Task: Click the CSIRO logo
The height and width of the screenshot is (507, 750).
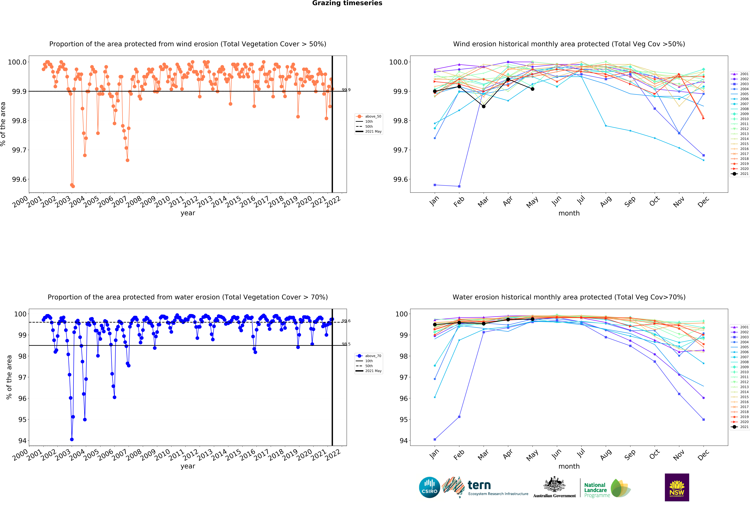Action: coord(430,487)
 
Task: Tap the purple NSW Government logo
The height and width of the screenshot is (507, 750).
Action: coord(677,487)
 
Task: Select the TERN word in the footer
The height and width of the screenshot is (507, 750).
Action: coord(479,485)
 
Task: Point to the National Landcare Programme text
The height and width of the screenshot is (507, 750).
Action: coord(597,490)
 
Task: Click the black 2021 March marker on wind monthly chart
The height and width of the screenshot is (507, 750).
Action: coord(483,106)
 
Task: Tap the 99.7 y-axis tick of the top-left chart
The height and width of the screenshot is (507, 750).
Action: coord(19,150)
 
